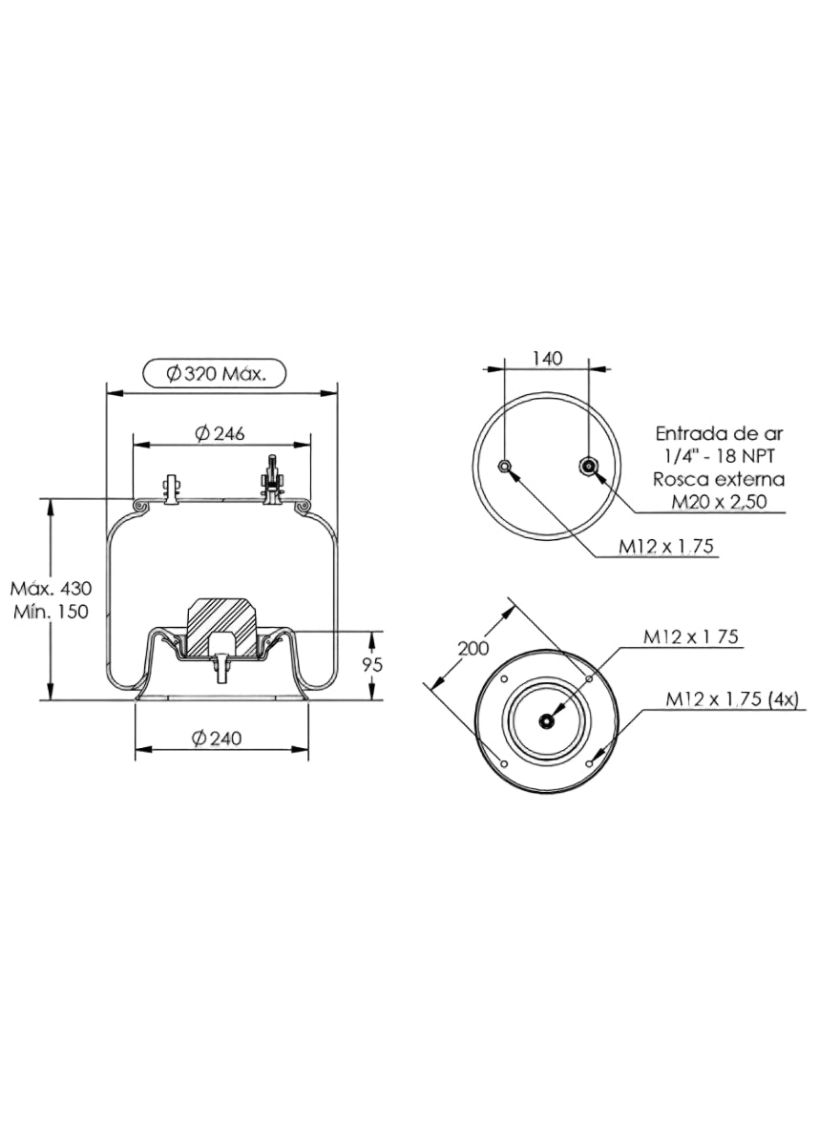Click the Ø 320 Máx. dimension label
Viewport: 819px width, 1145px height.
(x=216, y=375)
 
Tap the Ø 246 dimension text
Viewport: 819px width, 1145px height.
(x=220, y=433)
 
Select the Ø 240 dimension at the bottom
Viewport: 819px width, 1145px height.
(x=218, y=739)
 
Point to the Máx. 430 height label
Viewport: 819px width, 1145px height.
(x=52, y=589)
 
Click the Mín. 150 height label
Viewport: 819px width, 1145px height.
(x=52, y=612)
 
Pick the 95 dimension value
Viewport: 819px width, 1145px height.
(x=372, y=665)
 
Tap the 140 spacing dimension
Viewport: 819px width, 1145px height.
(x=547, y=359)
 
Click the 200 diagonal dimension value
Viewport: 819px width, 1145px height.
(x=472, y=648)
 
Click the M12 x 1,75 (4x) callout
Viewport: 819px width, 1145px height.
(x=732, y=699)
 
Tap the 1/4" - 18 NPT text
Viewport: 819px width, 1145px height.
(x=720, y=456)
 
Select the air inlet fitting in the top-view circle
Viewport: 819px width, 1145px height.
(x=589, y=466)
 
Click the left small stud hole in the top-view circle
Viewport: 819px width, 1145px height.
(x=505, y=466)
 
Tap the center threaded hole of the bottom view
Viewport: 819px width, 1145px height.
(x=547, y=721)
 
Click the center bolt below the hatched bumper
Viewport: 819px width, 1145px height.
(x=221, y=668)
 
